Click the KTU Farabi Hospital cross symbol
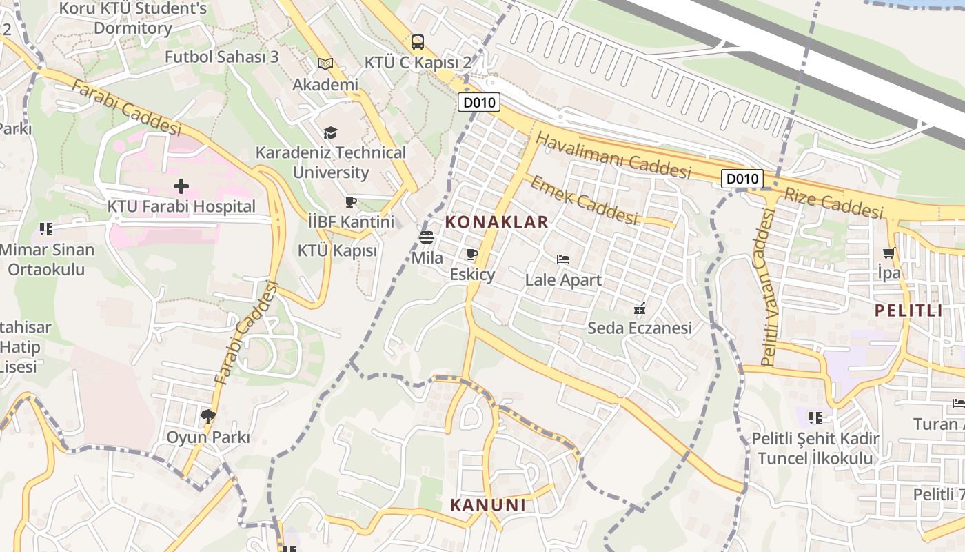click(181, 186)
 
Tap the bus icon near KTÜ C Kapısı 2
click(418, 42)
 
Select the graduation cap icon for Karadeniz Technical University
click(331, 132)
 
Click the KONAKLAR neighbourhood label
click(497, 222)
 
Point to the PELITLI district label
click(908, 310)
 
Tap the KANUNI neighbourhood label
click(488, 505)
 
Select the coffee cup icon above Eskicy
click(472, 255)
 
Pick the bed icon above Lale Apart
click(563, 260)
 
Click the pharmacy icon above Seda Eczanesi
click(639, 308)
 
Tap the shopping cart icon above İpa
click(889, 253)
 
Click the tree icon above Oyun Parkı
click(207, 416)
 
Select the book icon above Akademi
click(325, 63)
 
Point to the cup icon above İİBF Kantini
click(351, 201)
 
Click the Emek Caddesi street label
click(583, 200)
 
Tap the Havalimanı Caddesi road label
click(613, 156)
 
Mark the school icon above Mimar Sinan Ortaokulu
click(46, 228)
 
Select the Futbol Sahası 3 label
click(221, 57)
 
